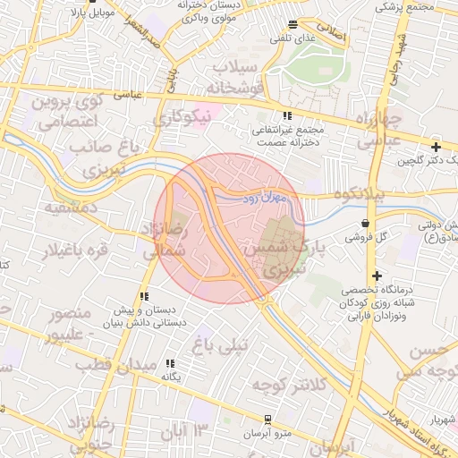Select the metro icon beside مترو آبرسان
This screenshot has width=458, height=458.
coord(267,419)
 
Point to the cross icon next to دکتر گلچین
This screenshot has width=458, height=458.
coord(436,147)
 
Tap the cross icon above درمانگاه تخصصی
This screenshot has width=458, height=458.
coord(377,276)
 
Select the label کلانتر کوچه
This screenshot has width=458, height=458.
coord(285,385)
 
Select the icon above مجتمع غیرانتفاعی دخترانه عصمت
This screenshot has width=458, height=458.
coord(287,115)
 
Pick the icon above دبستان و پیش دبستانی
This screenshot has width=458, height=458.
coord(143,296)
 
